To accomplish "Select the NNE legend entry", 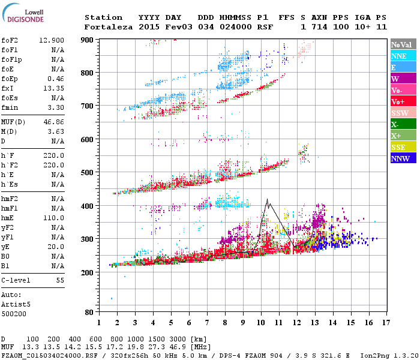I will (x=403, y=56).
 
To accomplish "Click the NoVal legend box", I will (x=403, y=44).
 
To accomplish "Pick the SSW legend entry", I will (x=403, y=113).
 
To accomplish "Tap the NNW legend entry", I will (x=403, y=158).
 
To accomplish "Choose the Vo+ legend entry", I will (x=403, y=101).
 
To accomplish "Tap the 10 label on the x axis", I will (x=261, y=323).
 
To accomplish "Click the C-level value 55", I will (x=60, y=280).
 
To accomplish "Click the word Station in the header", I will (x=103, y=17).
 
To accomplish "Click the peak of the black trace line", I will (x=267, y=199).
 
